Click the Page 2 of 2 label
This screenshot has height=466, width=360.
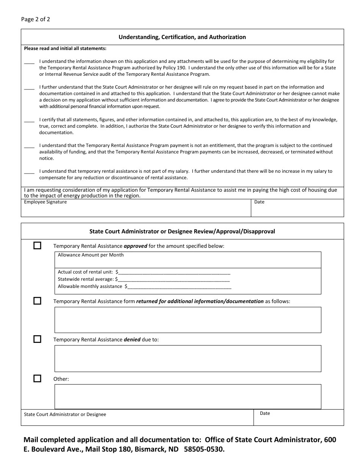(35, 19)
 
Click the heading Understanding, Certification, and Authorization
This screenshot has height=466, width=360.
(182, 37)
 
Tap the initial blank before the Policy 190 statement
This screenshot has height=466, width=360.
(29, 62)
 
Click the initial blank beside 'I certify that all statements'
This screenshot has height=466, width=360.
(29, 120)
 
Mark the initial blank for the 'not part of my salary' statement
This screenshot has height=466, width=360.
(29, 172)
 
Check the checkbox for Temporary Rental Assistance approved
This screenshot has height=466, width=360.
(37, 246)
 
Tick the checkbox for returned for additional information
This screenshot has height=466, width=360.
(37, 301)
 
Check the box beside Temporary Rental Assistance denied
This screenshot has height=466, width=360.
(37, 339)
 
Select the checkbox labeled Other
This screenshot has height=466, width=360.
(37, 378)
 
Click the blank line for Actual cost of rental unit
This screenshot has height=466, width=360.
(174, 272)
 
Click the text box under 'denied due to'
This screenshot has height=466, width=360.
(188, 358)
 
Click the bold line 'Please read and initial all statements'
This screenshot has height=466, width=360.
(65, 48)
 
